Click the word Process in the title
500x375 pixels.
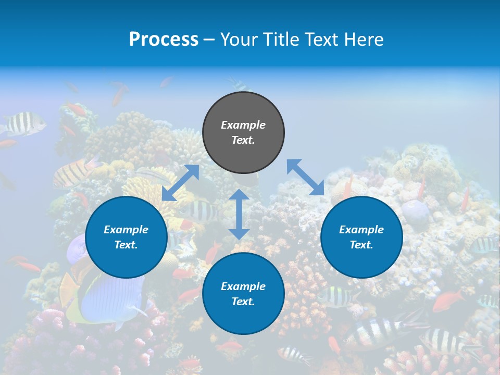[x=164, y=40]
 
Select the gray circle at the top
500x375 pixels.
[x=243, y=133]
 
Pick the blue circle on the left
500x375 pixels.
[x=126, y=238]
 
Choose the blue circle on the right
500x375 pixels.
[x=361, y=238]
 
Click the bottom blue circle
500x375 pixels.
[x=243, y=294]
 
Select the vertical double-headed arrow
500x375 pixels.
[x=239, y=214]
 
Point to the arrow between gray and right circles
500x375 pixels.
[x=306, y=177]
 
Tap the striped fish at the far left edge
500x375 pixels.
[x=23, y=124]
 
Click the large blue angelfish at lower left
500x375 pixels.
[x=109, y=292]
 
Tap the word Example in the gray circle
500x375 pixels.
[x=243, y=125]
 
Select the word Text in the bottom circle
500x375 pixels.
[x=243, y=302]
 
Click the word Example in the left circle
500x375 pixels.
[x=126, y=230]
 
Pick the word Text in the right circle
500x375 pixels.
[x=361, y=245]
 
